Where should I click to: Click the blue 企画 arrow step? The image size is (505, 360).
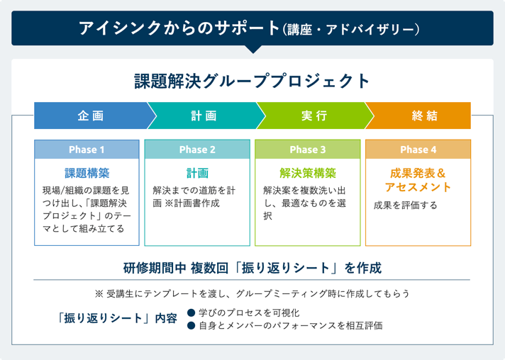(90, 116)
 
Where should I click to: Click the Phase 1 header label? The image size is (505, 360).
(87, 150)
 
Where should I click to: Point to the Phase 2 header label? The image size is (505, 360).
(197, 150)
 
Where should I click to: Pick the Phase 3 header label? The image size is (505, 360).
(308, 150)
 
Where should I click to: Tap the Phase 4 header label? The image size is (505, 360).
(418, 150)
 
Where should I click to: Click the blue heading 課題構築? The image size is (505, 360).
(87, 172)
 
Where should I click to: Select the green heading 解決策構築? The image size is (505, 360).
(308, 172)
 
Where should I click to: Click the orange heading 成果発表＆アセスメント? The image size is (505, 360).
(418, 180)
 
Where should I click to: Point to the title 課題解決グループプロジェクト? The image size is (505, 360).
(252, 81)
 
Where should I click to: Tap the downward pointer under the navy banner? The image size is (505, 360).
(252, 50)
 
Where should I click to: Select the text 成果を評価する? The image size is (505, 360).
(406, 206)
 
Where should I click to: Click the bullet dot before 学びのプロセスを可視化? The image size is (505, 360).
(191, 313)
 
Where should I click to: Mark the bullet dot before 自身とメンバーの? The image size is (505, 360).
(191, 325)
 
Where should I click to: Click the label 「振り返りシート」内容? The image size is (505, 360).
(118, 319)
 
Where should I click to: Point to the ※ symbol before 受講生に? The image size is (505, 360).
(99, 293)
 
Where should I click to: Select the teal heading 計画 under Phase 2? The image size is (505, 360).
(197, 172)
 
